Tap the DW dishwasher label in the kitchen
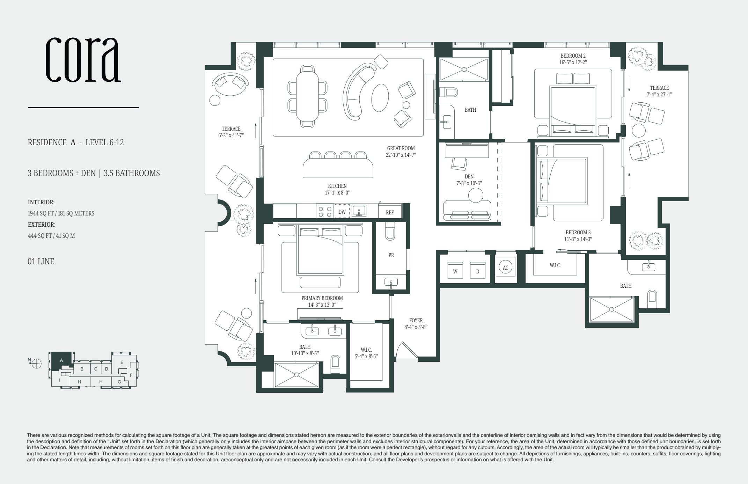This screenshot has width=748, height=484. pyautogui.click(x=342, y=212)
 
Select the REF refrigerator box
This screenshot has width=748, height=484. pyautogui.click(x=390, y=212)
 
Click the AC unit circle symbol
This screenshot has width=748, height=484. pyautogui.click(x=505, y=267)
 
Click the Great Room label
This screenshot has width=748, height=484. pyautogui.click(x=401, y=148)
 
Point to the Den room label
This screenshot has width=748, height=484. pyautogui.click(x=469, y=177)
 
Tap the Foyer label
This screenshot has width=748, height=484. pyautogui.click(x=416, y=320)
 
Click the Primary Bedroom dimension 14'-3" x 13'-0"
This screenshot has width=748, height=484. pyautogui.click(x=322, y=305)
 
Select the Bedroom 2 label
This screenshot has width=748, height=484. pyautogui.click(x=573, y=56)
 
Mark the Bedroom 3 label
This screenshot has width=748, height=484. pyautogui.click(x=578, y=232)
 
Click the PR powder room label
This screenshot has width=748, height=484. pyautogui.click(x=391, y=255)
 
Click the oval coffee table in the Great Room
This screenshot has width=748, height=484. pyautogui.click(x=380, y=97)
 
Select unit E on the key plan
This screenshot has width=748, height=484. pyautogui.click(x=122, y=362)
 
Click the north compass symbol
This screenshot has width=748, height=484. pyautogui.click(x=36, y=364)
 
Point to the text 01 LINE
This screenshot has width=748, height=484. pyautogui.click(x=41, y=262)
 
